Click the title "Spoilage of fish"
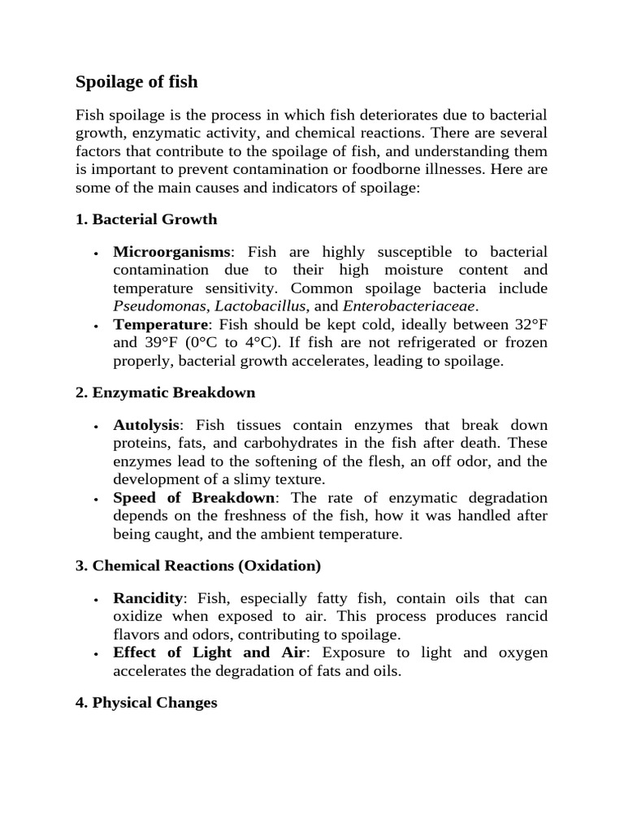(136, 82)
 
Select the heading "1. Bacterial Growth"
(146, 219)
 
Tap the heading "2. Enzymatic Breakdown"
(165, 392)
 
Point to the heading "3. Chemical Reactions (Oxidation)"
(198, 565)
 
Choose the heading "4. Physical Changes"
(146, 703)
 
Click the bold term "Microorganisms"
(172, 252)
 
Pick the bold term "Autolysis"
(148, 426)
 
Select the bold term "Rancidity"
(148, 599)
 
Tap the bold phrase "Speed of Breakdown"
(194, 497)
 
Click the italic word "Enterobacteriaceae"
(410, 306)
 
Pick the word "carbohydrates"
(276, 444)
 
